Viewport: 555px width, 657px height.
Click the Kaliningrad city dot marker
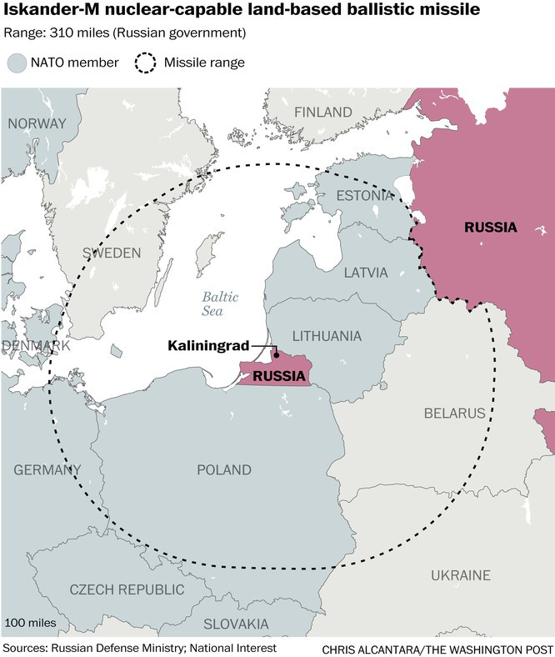click(276, 354)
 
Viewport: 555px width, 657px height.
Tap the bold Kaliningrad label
click(208, 344)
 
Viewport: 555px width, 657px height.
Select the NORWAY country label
click(37, 123)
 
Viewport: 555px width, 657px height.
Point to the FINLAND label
click(322, 112)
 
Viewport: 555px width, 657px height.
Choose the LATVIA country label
click(366, 273)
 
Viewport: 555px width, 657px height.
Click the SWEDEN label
click(112, 253)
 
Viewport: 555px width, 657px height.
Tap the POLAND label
click(223, 470)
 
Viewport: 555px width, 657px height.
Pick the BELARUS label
click(454, 413)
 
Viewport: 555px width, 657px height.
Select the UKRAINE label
click(461, 575)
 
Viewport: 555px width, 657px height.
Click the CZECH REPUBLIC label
click(127, 589)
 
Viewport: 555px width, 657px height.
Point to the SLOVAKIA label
click(236, 624)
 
